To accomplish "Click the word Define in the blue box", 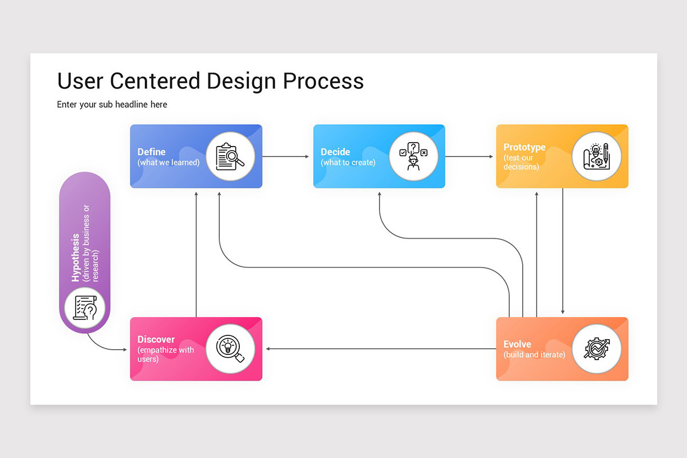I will [x=151, y=152].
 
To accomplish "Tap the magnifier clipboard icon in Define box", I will [x=230, y=156].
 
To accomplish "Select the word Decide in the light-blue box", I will [x=335, y=152].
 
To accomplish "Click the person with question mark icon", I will [x=413, y=156].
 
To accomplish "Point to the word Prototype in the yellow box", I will [x=524, y=147].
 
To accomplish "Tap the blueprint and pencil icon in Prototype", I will [x=596, y=156].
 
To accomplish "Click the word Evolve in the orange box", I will [x=517, y=344].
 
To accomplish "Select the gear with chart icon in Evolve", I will [x=596, y=349].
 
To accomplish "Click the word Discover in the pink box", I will [x=156, y=339].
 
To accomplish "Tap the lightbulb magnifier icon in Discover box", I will [x=230, y=349].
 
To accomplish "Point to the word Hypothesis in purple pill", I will [x=76, y=258].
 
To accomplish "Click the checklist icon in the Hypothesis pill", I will [x=84, y=309].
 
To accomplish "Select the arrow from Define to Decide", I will [x=286, y=156].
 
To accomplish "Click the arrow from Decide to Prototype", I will [x=469, y=156].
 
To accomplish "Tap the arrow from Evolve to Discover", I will [x=378, y=349].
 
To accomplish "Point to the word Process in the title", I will [x=323, y=81].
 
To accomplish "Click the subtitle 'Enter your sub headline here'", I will [x=112, y=105].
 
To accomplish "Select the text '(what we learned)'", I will [x=168, y=163].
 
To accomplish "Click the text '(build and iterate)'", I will [x=534, y=355].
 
